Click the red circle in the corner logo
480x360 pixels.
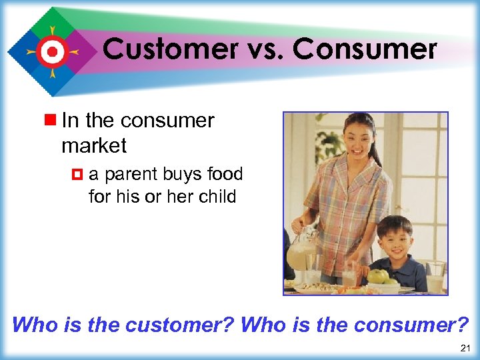point(51,51)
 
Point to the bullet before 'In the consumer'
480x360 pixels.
point(51,121)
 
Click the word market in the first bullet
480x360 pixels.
point(94,145)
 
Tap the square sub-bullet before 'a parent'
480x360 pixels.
point(78,175)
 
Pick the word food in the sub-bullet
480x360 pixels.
point(225,175)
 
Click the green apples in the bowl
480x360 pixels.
point(381,275)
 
